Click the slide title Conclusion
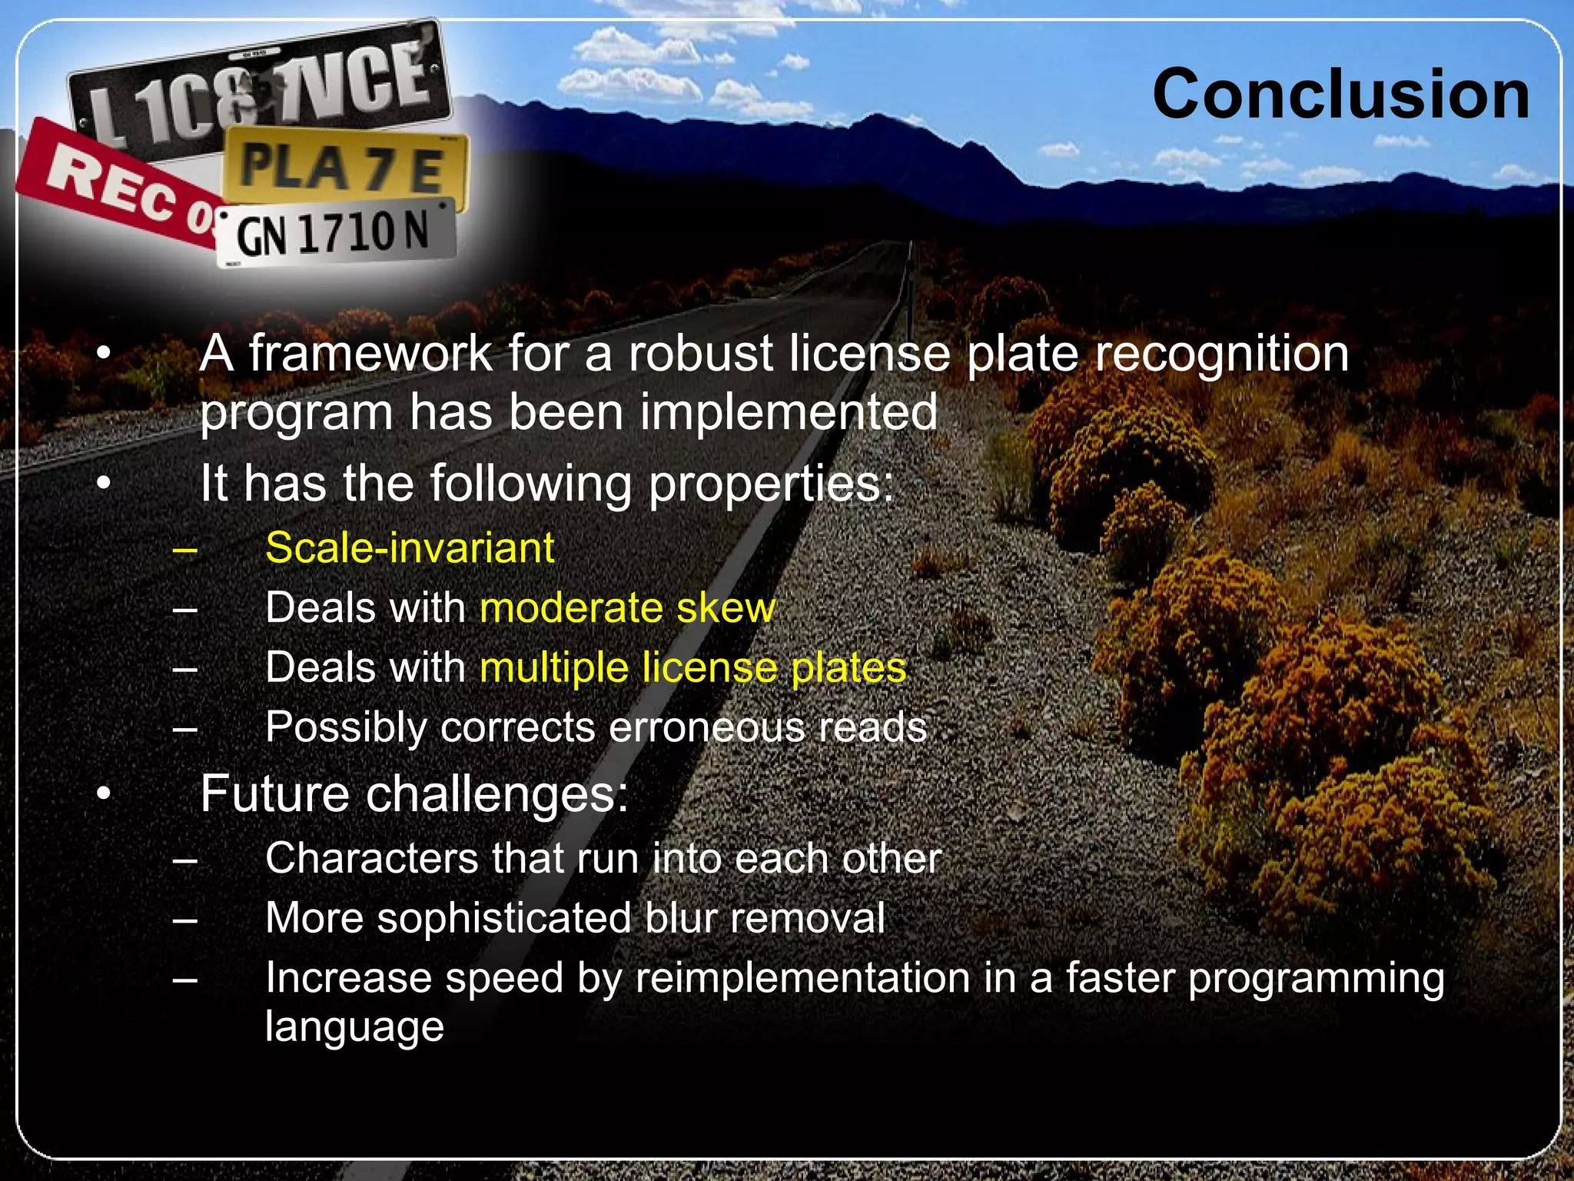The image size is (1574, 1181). click(1340, 94)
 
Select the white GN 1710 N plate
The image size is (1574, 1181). click(334, 233)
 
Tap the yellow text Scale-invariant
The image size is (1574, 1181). click(410, 548)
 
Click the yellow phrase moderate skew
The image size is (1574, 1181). click(627, 607)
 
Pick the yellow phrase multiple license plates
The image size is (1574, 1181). click(692, 667)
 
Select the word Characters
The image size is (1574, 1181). click(372, 858)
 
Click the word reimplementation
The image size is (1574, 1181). click(802, 978)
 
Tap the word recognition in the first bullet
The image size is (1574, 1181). click(1221, 354)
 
